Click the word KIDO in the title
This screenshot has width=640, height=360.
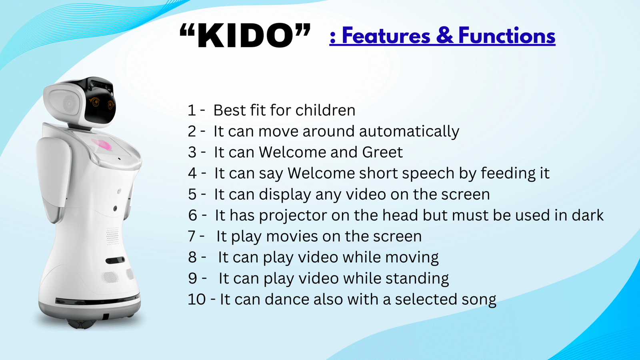coord(245,36)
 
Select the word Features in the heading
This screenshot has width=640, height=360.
coord(386,36)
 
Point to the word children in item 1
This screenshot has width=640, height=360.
coord(325,110)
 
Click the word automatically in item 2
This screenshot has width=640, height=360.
coord(409,132)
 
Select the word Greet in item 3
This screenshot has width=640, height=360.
coord(382,152)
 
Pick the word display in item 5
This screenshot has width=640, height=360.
coord(284,194)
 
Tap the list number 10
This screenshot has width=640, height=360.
coord(196,299)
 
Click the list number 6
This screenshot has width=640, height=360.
coord(192,216)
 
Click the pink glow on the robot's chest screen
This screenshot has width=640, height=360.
coord(102,144)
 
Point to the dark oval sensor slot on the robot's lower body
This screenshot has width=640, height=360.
coord(115,260)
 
